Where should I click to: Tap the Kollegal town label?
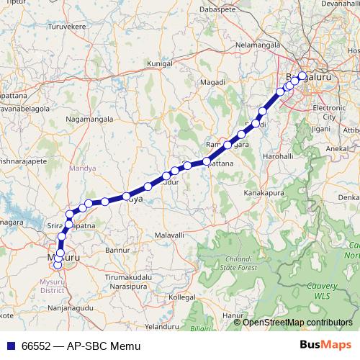tap(182, 297)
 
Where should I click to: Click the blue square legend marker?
tap(11, 346)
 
